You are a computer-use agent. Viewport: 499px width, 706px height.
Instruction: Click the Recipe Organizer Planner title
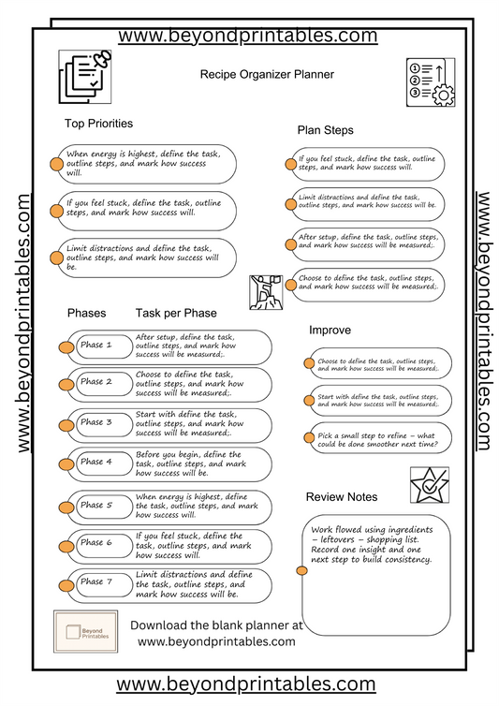267,73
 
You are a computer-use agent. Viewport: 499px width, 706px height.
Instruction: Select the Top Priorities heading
98,124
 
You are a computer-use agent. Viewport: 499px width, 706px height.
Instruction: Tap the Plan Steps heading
326,130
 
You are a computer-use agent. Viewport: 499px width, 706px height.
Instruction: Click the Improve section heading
330,330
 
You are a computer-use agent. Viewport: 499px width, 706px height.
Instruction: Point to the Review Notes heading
342,496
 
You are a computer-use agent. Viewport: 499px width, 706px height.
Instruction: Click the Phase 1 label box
96,346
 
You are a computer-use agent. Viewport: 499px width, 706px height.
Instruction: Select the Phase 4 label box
96,462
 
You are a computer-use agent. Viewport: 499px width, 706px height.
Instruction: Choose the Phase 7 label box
96,582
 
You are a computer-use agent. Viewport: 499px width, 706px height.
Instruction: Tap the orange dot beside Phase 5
67,507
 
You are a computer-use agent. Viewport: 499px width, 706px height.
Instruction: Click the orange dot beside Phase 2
67,384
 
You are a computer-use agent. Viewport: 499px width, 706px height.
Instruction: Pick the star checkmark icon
429,485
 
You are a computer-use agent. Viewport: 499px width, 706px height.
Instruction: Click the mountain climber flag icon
266,292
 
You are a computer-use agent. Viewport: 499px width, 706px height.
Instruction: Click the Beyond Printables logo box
85,631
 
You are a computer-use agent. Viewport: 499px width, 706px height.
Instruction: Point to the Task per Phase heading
176,313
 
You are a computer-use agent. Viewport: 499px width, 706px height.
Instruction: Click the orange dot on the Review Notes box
302,569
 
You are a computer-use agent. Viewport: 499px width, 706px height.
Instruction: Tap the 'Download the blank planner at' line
216,625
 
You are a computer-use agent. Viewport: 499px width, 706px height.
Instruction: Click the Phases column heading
87,313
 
